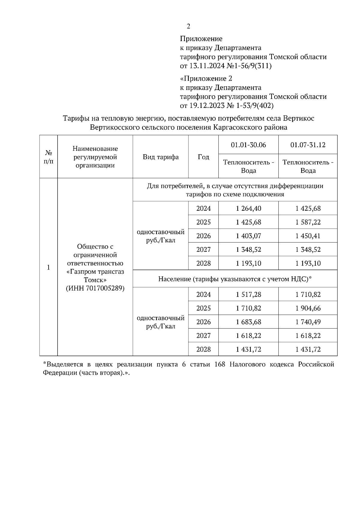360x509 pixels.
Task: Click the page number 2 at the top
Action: [188, 27]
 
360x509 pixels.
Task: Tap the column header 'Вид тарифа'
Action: [160, 157]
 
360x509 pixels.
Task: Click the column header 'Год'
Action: [203, 157]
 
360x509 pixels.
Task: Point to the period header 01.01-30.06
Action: [248, 145]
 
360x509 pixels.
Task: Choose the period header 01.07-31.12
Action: [308, 145]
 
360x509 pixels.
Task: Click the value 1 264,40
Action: [248, 208]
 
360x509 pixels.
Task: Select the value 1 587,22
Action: [308, 222]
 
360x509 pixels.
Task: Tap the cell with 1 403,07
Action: [248, 236]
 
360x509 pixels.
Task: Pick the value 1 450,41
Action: [308, 236]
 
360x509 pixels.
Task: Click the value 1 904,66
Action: [308, 308]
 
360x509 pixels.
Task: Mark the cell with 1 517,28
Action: [248, 295]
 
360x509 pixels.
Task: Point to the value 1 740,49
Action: [308, 322]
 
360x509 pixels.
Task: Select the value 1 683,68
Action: [248, 322]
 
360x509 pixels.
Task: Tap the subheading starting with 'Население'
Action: [235, 279]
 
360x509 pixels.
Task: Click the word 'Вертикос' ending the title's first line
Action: [298, 118]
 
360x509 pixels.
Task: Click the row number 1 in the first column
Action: [48, 267]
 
